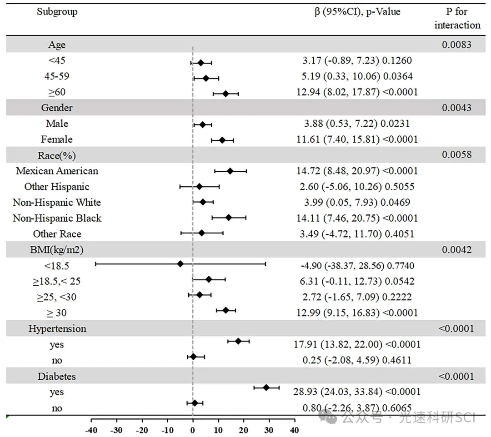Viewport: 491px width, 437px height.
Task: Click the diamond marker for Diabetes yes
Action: click(x=266, y=387)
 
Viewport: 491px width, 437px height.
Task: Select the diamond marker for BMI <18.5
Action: click(x=180, y=263)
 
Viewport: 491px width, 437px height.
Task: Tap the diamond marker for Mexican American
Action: click(x=230, y=171)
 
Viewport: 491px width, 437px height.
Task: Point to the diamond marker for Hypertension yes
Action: click(x=238, y=341)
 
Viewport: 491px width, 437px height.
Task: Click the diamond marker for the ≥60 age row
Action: click(x=225, y=94)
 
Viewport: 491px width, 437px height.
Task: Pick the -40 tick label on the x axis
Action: click(x=92, y=430)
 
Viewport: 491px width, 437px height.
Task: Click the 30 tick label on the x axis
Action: click(x=269, y=430)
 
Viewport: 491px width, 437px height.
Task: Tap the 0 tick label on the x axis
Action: click(x=193, y=430)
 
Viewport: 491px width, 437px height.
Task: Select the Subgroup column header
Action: click(x=57, y=12)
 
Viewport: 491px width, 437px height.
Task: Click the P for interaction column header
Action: click(x=457, y=18)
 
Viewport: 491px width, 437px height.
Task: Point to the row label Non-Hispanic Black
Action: click(x=57, y=218)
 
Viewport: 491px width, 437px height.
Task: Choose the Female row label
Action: click(x=57, y=139)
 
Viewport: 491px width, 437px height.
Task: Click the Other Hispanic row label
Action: click(x=57, y=187)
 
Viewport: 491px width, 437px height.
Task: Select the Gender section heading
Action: click(x=57, y=108)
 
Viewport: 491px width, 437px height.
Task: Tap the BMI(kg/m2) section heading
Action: click(x=57, y=249)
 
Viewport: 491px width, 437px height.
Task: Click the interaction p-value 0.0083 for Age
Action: click(x=456, y=45)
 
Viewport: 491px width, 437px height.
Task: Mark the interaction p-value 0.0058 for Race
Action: click(x=456, y=155)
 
